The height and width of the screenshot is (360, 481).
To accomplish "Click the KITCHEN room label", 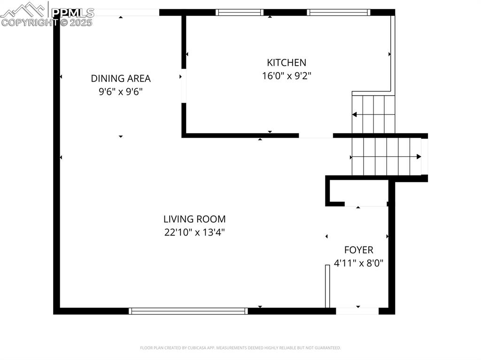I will [287, 62].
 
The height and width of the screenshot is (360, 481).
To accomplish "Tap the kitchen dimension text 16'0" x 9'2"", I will [287, 76].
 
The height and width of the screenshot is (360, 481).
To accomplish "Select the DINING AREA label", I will [121, 78].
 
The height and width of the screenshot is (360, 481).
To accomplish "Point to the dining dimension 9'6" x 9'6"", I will [121, 92].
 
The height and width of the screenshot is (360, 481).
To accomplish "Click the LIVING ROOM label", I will [194, 219].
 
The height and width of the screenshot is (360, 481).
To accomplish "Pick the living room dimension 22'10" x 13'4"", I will [194, 232].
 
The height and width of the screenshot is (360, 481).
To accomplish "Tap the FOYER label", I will [358, 250].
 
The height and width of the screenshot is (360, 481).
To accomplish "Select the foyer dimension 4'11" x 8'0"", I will [358, 263].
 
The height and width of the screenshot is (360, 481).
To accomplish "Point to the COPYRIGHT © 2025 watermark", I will [47, 22].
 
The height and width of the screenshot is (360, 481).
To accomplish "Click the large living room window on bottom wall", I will [188, 311].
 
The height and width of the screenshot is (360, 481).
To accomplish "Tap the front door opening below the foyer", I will [357, 311].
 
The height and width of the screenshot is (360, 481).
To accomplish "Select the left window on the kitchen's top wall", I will [240, 13].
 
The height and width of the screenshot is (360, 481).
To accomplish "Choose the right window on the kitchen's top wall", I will [339, 13].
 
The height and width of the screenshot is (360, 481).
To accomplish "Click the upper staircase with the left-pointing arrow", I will [373, 114].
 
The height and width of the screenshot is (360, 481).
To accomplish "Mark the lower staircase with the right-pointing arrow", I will [386, 156].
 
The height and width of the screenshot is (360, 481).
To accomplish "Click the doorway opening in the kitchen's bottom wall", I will [316, 136].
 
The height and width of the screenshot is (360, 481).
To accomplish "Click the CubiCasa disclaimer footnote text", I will [240, 348].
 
